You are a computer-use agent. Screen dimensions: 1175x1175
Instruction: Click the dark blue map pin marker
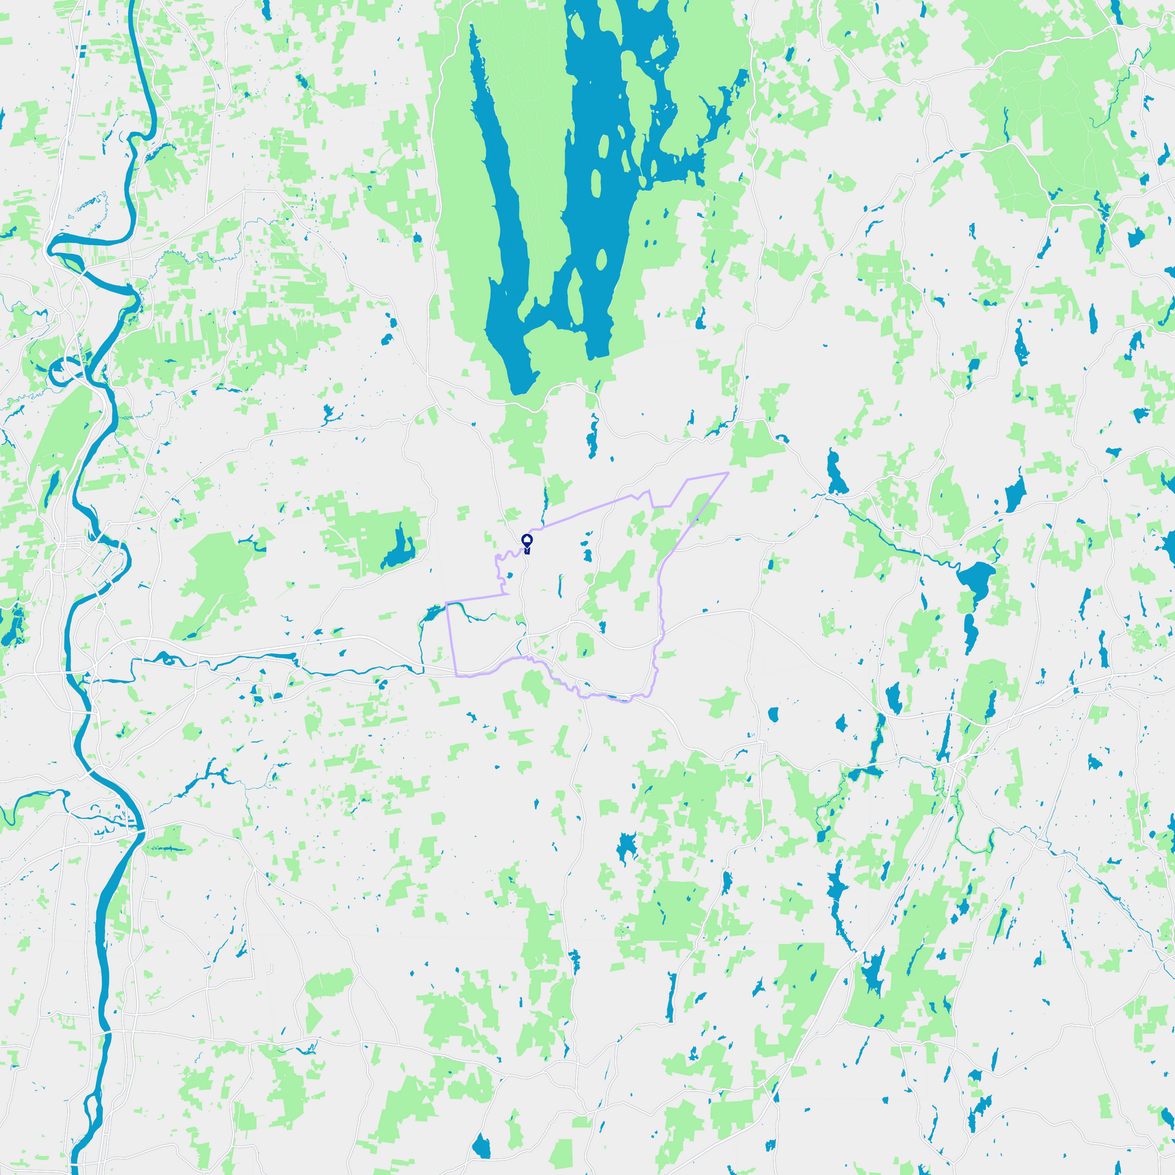[527, 541]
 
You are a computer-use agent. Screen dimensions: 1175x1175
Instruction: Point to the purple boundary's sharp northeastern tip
[727, 473]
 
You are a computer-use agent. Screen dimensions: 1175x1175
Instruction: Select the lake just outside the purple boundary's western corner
[432, 614]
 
